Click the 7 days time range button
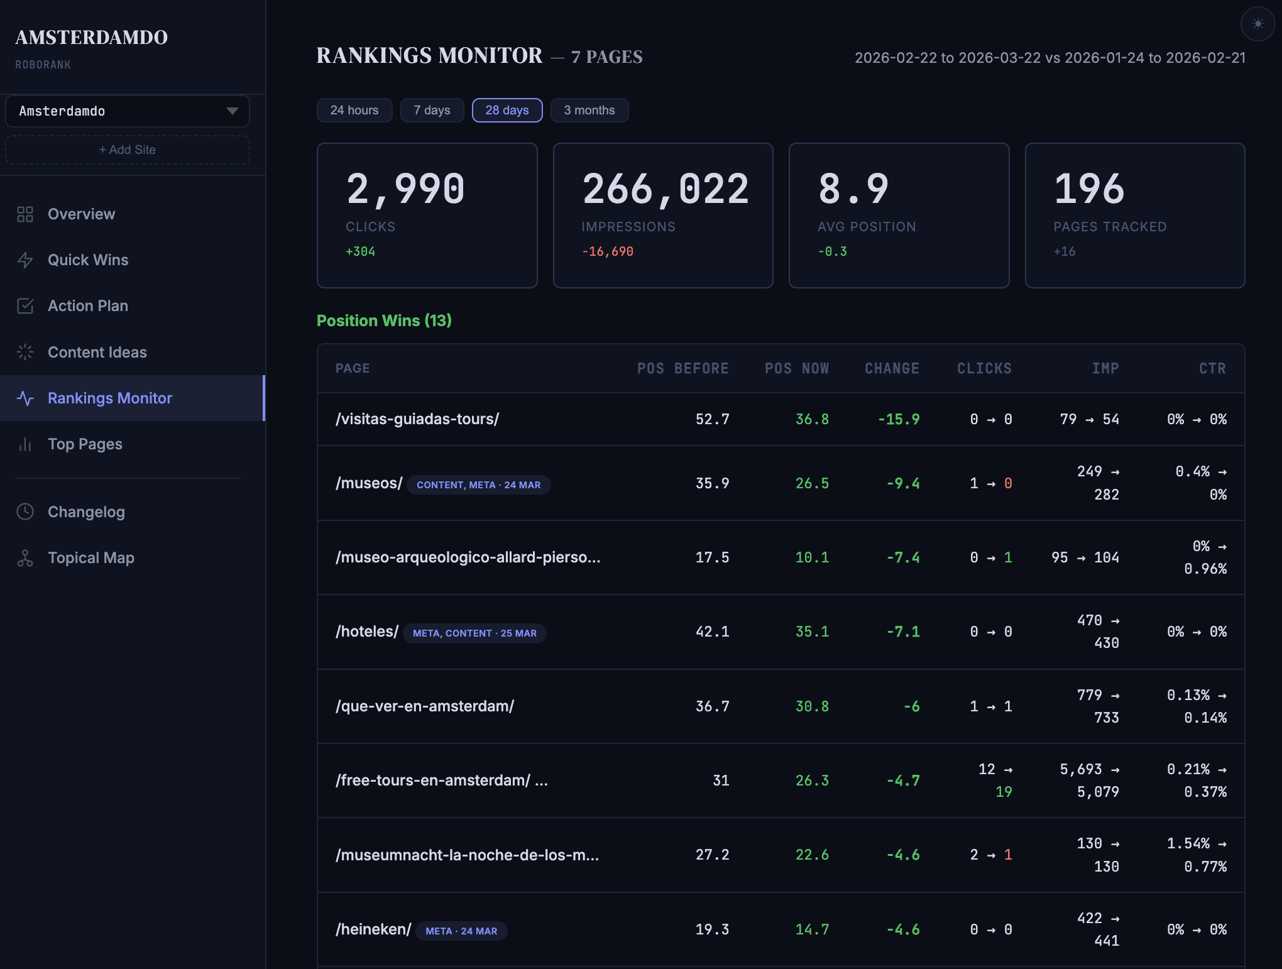click(432, 111)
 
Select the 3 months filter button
click(589, 111)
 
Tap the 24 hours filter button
click(354, 111)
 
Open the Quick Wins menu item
click(88, 260)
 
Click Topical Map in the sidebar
click(90, 558)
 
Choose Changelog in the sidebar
click(86, 512)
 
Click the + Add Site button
click(128, 150)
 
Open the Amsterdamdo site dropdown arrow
click(232, 111)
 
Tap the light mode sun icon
click(1257, 24)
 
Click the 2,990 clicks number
click(405, 189)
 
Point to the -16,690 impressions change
click(607, 252)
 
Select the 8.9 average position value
click(853, 189)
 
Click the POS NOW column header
click(796, 369)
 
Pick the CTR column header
click(1212, 369)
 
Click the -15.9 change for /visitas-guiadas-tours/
click(899, 420)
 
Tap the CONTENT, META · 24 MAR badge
click(478, 485)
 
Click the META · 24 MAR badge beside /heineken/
click(461, 931)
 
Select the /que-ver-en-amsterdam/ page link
click(425, 706)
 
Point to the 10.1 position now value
click(812, 558)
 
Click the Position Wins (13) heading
click(384, 321)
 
